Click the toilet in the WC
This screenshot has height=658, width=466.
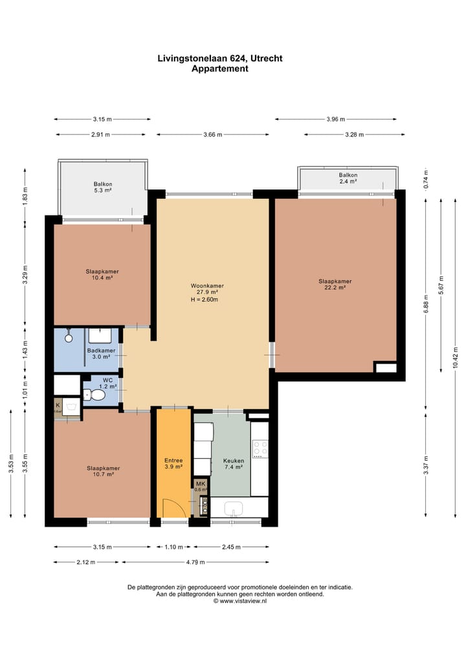(x=97, y=395)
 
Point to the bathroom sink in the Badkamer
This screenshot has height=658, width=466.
(x=100, y=335)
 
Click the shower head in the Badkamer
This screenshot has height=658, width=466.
(x=69, y=336)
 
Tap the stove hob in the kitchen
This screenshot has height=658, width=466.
(x=260, y=448)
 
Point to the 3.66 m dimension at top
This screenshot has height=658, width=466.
(x=212, y=135)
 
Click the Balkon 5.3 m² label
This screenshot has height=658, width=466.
(x=103, y=187)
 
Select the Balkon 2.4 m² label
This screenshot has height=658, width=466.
(x=348, y=178)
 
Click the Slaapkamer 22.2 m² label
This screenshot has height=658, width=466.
(x=335, y=284)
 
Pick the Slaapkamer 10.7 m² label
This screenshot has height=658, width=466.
(x=104, y=470)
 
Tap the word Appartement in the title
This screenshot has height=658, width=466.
(x=220, y=69)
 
